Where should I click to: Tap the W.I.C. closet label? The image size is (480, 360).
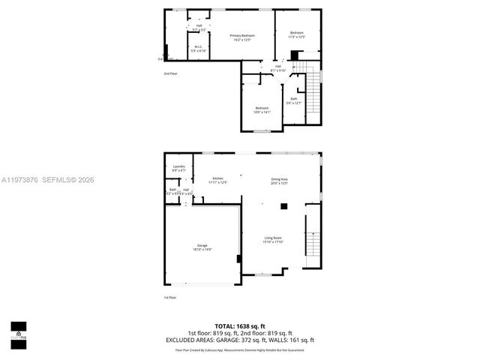click(199, 49)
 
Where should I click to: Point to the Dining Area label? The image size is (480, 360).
click(279, 180)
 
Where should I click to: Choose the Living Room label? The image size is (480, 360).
click(272, 239)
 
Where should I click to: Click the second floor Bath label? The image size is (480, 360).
click(294, 100)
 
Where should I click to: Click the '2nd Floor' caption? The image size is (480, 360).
click(170, 73)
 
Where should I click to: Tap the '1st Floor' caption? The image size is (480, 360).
click(170, 298)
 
